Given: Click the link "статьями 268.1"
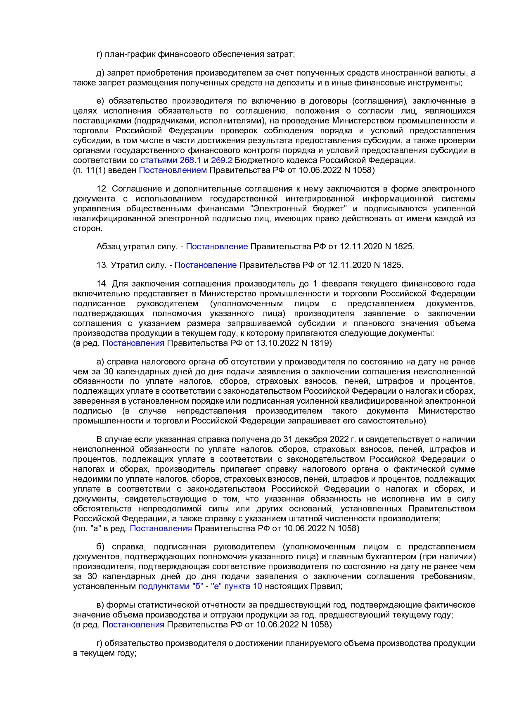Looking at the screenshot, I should click(x=170, y=160).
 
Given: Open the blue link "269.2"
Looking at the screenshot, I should click(x=222, y=160).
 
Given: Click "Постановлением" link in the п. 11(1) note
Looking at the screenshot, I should click(x=173, y=170).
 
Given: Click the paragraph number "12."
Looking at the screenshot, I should click(x=103, y=189).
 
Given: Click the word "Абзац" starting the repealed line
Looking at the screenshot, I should click(x=109, y=246).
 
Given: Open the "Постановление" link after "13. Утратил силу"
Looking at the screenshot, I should click(x=205, y=265).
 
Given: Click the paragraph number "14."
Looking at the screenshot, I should click(x=103, y=284).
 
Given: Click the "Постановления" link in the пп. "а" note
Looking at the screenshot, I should click(x=161, y=528).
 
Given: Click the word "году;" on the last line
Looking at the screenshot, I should click(x=125, y=653).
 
